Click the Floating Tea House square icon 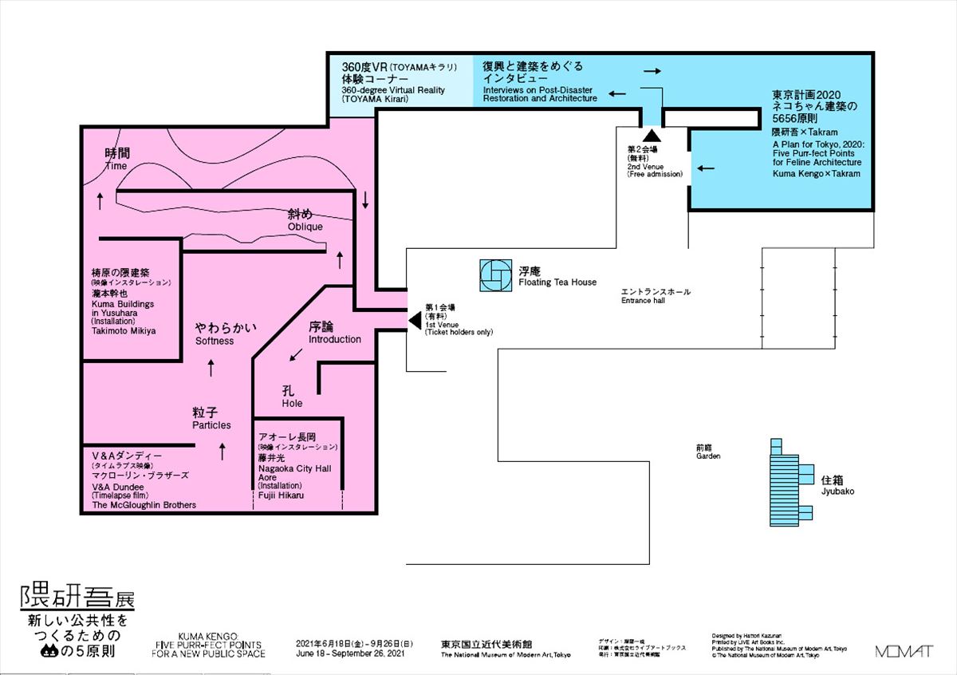[495, 275]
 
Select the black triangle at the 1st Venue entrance [415, 320]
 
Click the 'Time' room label [116, 166]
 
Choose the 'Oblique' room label [305, 227]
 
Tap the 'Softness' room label [215, 341]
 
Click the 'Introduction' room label [335, 339]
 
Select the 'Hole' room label [293, 404]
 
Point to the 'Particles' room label [211, 425]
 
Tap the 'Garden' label [707, 456]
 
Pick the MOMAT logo [904, 651]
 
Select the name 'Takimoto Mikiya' [124, 330]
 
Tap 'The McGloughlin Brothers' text [144, 505]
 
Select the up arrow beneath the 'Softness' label [211, 367]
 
